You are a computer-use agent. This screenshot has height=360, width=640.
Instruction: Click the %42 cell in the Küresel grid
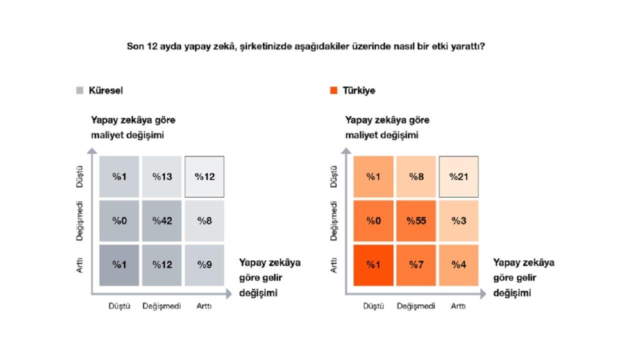coord(161,221)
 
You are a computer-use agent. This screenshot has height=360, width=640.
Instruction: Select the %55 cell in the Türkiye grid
coord(415,221)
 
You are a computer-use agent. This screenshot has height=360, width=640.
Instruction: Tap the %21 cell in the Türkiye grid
coord(458,176)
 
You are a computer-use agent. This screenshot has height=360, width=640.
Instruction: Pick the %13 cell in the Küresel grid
coord(161,176)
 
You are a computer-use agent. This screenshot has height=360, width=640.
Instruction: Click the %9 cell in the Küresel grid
coord(204,265)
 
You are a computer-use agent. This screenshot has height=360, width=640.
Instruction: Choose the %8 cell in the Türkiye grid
coord(415,176)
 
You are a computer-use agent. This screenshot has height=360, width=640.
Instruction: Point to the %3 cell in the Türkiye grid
coord(458,221)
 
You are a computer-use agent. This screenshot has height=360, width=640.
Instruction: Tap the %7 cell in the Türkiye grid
coord(415,265)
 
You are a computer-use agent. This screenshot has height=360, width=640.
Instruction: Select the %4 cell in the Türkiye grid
coord(458,265)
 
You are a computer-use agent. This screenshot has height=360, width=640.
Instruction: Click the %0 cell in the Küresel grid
coord(119,221)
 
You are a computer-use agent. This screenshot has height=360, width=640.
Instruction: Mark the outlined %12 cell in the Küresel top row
coord(204,176)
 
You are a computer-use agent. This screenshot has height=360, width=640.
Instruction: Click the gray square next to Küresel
coord(79,90)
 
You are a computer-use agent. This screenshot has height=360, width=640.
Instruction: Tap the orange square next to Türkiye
coord(333,90)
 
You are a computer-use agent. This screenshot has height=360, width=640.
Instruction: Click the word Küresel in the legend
coord(105,90)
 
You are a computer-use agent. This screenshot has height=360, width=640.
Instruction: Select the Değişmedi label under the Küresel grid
coord(161,306)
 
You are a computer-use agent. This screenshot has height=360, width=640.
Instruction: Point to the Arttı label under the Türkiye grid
coord(458,306)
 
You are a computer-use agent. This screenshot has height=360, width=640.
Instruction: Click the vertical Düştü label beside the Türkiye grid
coord(334,176)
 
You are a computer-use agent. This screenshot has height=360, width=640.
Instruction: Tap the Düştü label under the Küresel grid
coord(119,306)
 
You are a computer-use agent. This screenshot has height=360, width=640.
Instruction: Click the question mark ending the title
coord(482,47)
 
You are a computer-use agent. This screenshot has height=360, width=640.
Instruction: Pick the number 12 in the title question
coord(152,47)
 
